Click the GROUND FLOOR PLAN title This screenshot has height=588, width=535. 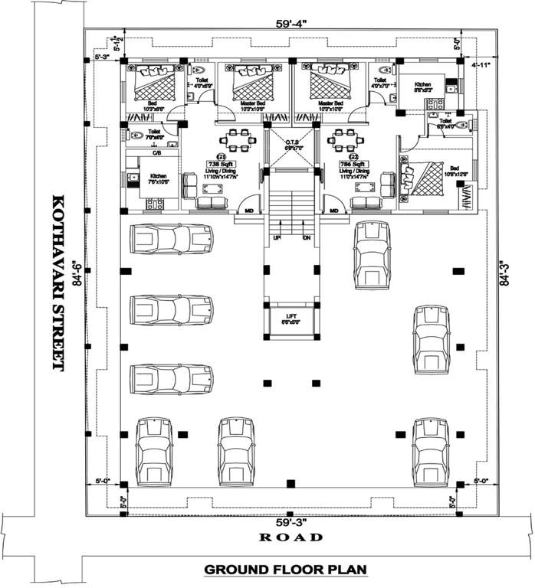[x=285, y=570]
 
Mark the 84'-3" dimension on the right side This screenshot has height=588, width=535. [x=503, y=274]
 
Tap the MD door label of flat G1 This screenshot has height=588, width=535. [x=248, y=209]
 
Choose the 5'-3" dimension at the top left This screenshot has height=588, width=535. [x=101, y=57]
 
